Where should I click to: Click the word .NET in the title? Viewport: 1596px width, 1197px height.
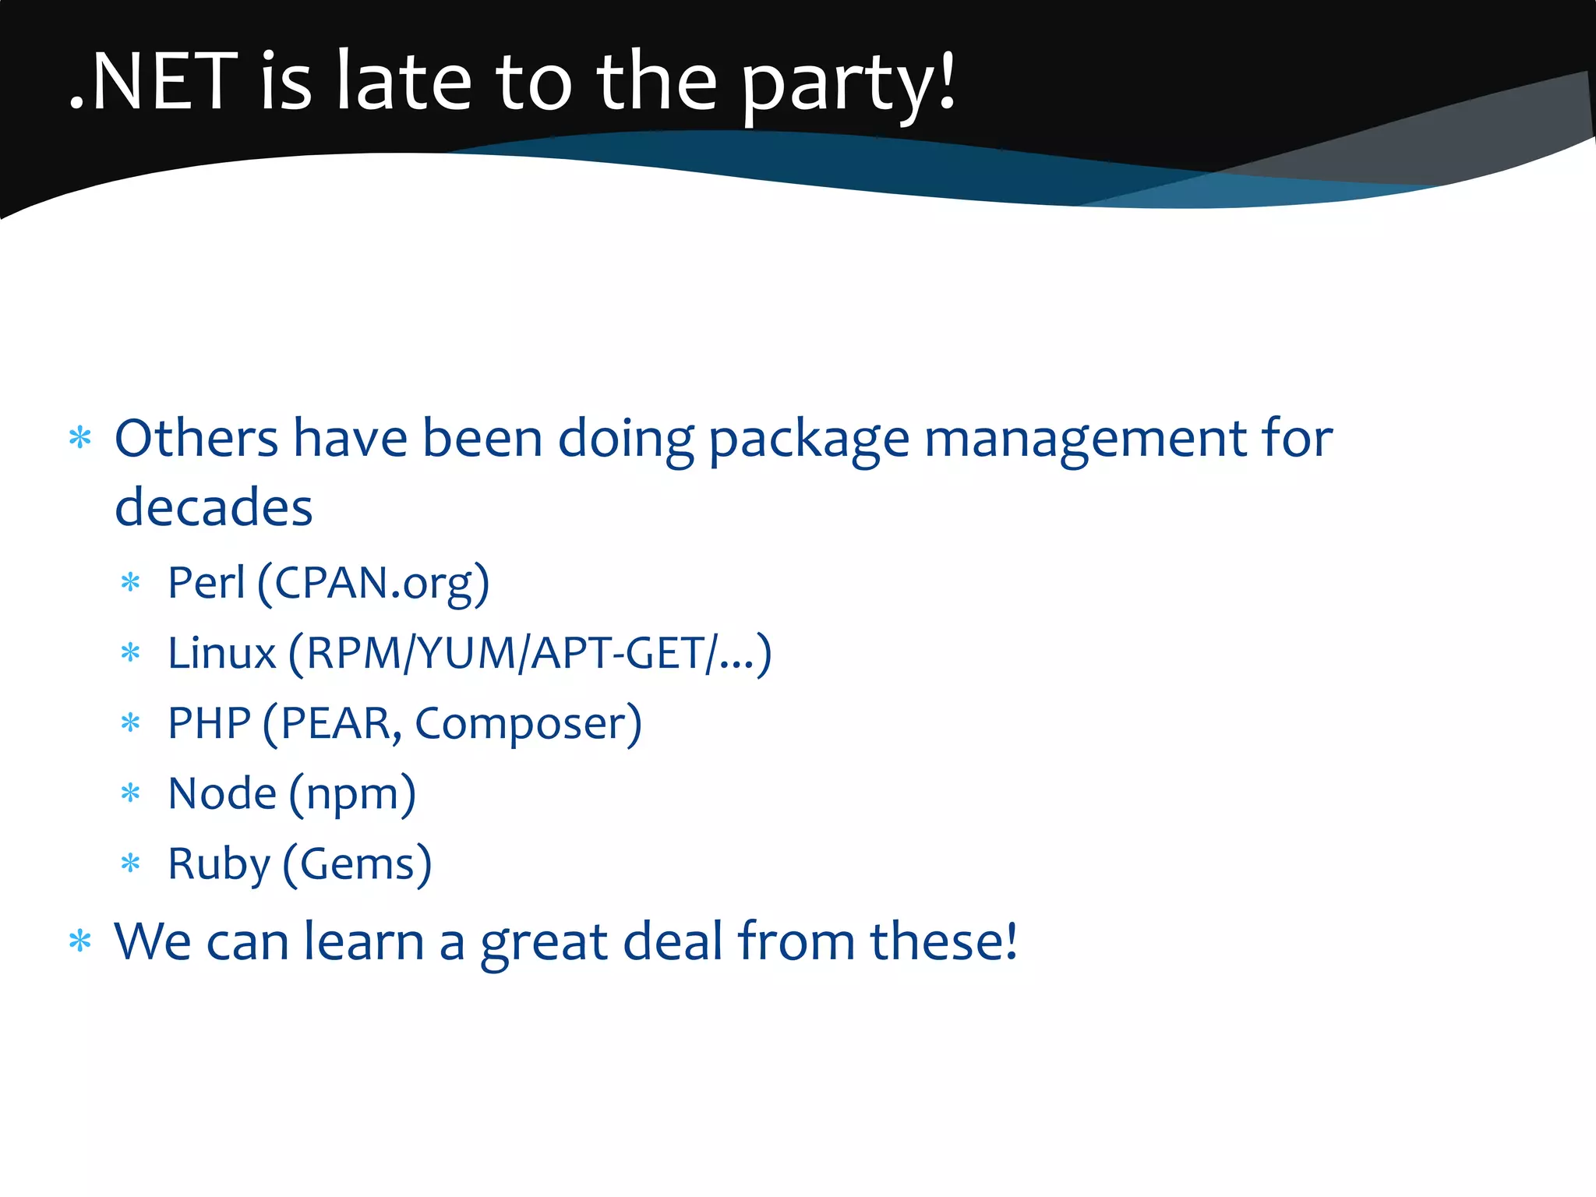point(153,81)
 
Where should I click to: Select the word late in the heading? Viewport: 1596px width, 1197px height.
point(404,81)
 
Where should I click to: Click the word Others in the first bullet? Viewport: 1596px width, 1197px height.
point(196,438)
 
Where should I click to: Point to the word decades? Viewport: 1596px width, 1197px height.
point(214,507)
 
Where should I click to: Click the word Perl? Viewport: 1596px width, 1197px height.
point(206,582)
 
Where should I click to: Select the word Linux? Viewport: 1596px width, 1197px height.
point(221,653)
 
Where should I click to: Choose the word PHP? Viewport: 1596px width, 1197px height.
point(209,723)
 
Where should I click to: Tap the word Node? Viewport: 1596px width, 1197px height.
point(221,793)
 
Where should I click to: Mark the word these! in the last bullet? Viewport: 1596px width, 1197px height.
point(944,941)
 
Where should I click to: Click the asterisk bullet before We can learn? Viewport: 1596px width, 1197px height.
point(80,941)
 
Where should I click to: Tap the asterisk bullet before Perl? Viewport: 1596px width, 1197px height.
point(131,583)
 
